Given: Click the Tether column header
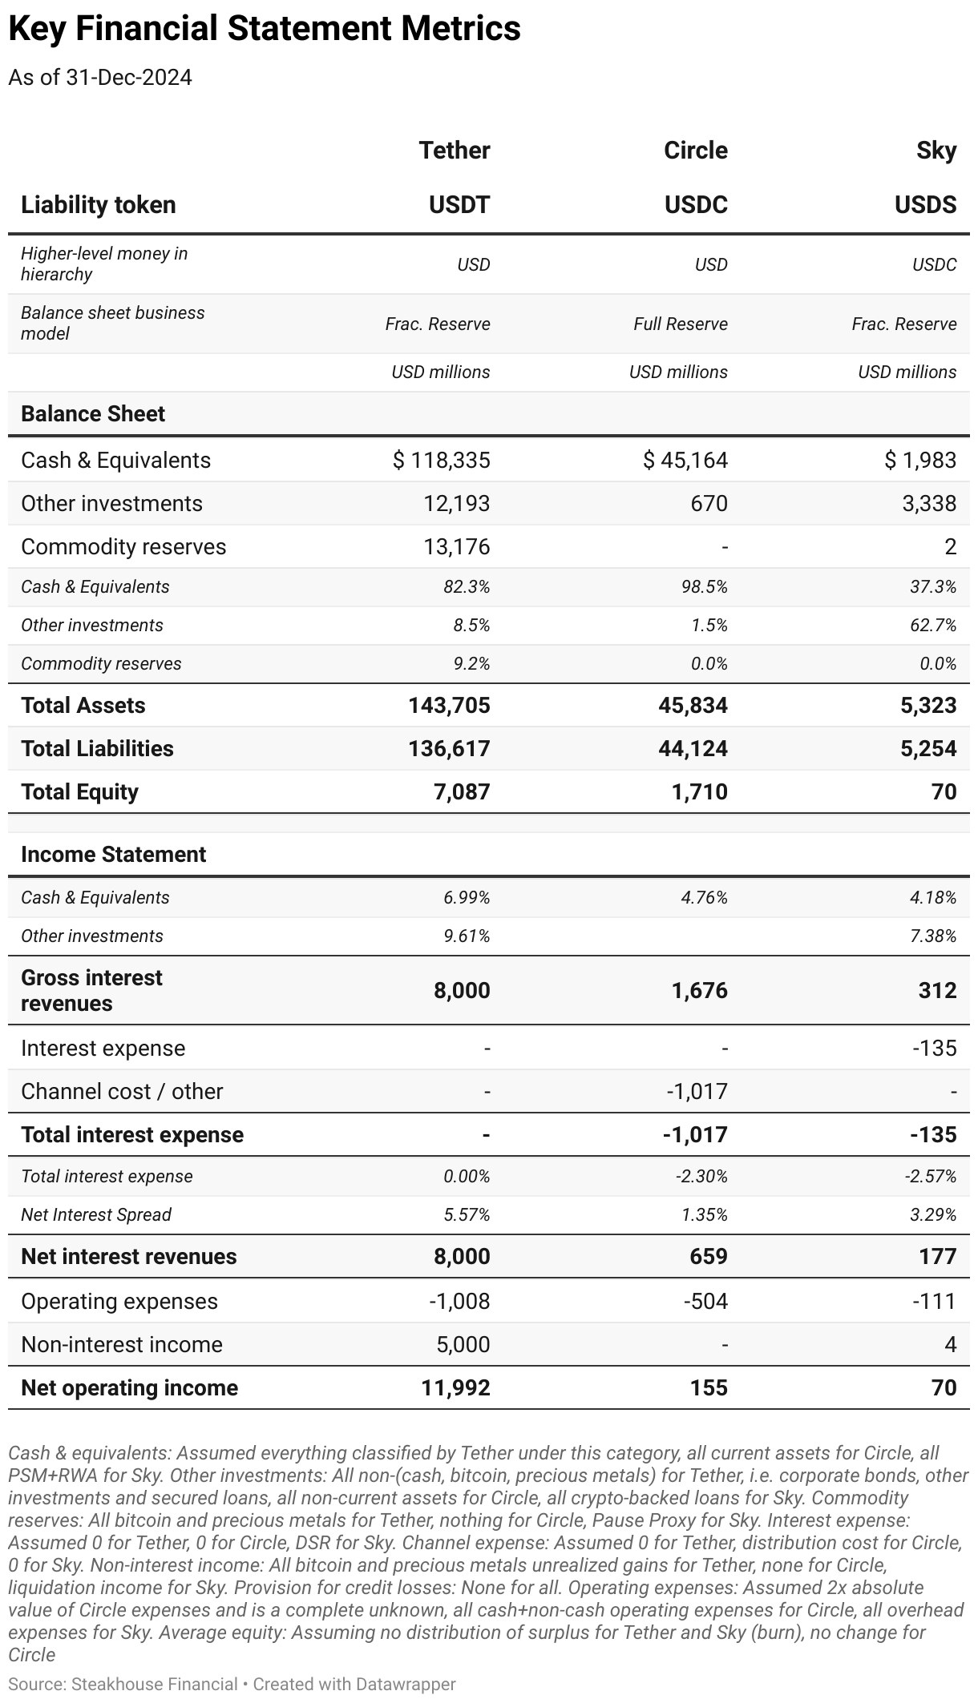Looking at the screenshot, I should (454, 151).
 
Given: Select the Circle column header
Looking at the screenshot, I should (695, 151).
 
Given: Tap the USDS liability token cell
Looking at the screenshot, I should (925, 205).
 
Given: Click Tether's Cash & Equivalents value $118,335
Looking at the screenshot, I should (441, 461).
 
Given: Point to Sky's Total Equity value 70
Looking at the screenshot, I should (944, 792).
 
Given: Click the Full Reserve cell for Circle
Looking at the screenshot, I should (680, 324).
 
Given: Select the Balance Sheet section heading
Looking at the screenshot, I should (93, 414).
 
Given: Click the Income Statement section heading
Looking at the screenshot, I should (113, 855).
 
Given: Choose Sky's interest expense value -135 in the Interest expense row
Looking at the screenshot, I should (934, 1049).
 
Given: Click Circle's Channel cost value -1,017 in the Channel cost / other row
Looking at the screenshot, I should (697, 1092).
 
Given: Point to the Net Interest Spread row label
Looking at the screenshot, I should (96, 1215).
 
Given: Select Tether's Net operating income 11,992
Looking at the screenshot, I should (455, 1388).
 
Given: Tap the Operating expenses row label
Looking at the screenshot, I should (119, 1302).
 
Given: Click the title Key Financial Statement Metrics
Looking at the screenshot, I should (265, 29).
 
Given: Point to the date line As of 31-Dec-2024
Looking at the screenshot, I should (100, 78).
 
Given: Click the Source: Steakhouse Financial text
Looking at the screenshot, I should (123, 1684).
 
